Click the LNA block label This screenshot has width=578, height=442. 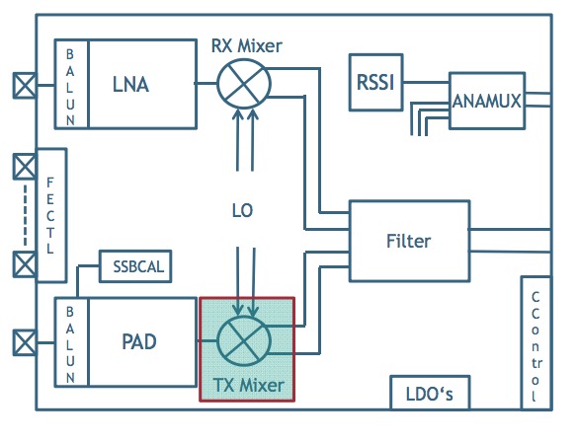coord(130,85)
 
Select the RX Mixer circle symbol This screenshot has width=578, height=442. coord(244,84)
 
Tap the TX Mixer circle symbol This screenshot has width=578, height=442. coord(244,340)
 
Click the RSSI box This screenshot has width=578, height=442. coord(375,82)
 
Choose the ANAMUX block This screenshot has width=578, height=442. coord(487,101)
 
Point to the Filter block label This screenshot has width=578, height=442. coord(408,242)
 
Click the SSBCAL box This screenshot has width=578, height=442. coord(135,266)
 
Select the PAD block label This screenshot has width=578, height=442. coord(139,342)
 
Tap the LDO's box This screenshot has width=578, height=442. coord(430,393)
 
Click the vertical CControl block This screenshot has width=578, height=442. coord(536,343)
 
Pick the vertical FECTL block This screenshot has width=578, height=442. coord(51,215)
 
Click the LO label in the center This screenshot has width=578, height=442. coord(242,211)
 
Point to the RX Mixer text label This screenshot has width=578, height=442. coord(247,46)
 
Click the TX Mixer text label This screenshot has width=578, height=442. coord(248,386)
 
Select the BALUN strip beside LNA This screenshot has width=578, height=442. coord(71,84)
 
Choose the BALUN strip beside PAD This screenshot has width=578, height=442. coord(71,342)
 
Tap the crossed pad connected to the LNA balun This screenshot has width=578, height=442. coord(25,86)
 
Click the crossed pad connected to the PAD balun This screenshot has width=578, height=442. coord(25,343)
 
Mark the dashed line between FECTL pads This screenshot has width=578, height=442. coord(25,215)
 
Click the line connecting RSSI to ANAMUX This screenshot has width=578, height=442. coord(426,83)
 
